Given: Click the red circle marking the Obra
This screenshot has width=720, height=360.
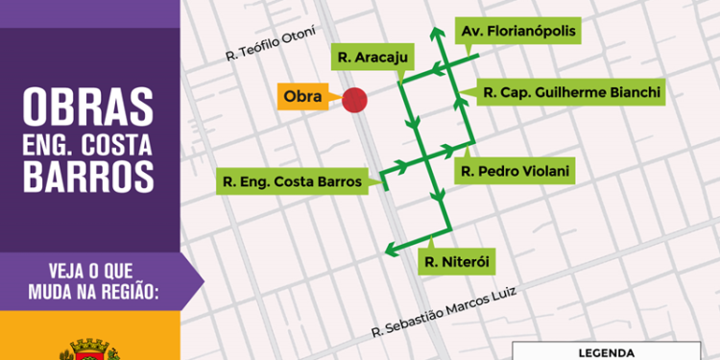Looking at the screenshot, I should pyautogui.click(x=355, y=99).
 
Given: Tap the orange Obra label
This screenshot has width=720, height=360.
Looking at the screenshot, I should pyautogui.click(x=302, y=97).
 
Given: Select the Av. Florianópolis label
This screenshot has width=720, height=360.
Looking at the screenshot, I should pyautogui.click(x=519, y=31).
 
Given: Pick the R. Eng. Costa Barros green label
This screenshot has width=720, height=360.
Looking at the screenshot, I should pyautogui.click(x=291, y=180).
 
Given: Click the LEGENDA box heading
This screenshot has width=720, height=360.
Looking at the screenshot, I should pyautogui.click(x=614, y=352).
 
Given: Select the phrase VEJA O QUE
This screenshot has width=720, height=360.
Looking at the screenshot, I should pyautogui.click(x=88, y=269).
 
